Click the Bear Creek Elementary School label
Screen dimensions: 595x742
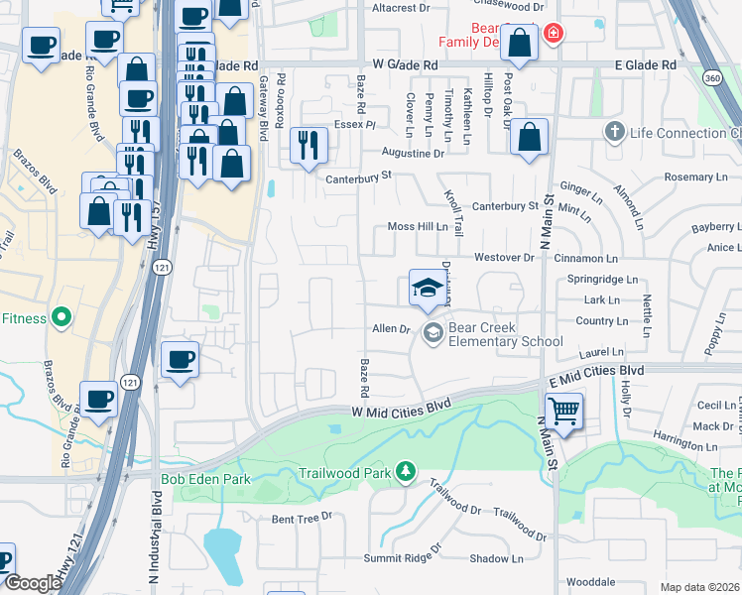point(506,334)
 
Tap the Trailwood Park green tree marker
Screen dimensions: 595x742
point(405,469)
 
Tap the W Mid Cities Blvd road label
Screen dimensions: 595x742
point(401,408)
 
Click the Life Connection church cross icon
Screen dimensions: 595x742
point(614,133)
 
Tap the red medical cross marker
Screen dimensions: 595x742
point(553,34)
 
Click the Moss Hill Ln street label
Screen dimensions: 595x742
point(418,226)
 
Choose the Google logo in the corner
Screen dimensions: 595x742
point(33,583)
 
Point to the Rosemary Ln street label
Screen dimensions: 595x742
point(695,177)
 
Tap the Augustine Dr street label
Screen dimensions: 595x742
point(414,154)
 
